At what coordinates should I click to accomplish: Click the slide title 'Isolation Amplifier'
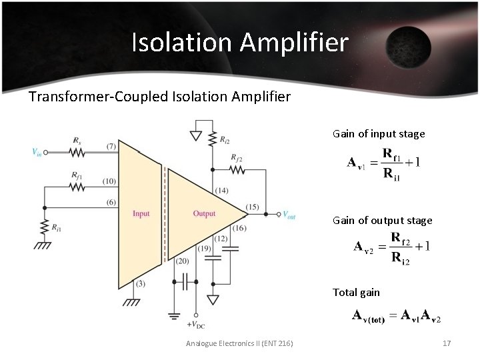pyautogui.click(x=240, y=43)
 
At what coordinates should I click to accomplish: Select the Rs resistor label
pyautogui.click(x=78, y=141)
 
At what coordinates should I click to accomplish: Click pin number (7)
pyautogui.click(x=111, y=146)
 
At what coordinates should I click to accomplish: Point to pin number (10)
pyautogui.click(x=109, y=181)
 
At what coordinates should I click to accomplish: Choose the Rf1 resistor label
pyautogui.click(x=77, y=176)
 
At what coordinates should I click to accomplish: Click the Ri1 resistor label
pyautogui.click(x=57, y=227)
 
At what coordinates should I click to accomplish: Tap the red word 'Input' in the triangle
pyautogui.click(x=141, y=213)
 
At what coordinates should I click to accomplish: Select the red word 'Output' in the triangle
pyautogui.click(x=204, y=213)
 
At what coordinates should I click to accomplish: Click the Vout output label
pyautogui.click(x=288, y=215)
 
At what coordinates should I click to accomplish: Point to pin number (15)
pyautogui.click(x=253, y=207)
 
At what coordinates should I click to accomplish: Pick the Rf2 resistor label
pyautogui.click(x=237, y=158)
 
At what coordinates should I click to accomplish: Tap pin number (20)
pyautogui.click(x=182, y=261)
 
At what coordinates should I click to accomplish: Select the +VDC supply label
pyautogui.click(x=197, y=325)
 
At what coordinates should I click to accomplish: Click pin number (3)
pyautogui.click(x=140, y=283)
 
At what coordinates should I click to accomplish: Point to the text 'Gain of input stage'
pyautogui.click(x=379, y=134)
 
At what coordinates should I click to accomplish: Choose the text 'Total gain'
pyautogui.click(x=356, y=292)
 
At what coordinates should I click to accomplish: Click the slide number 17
pyautogui.click(x=447, y=343)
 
